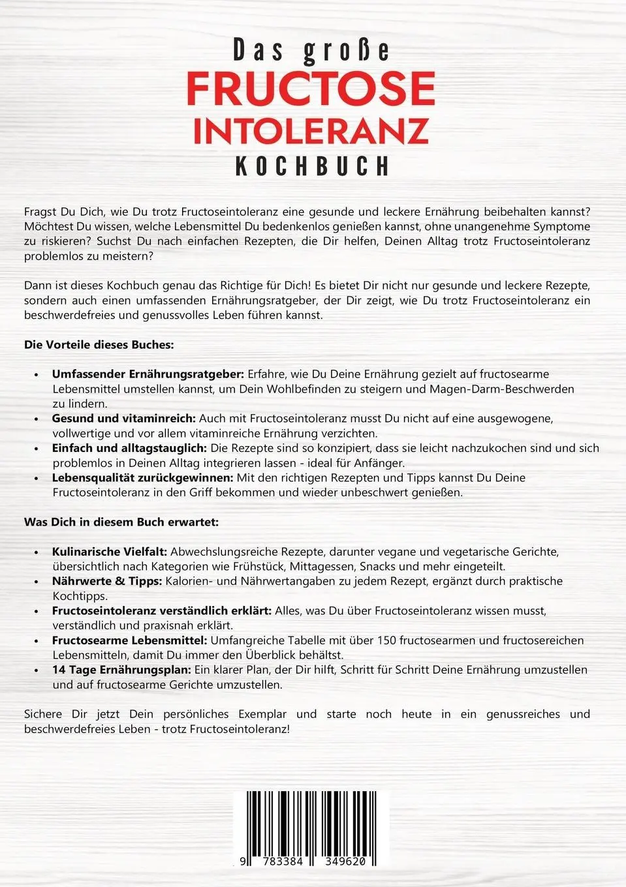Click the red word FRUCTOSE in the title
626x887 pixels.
[x=311, y=89]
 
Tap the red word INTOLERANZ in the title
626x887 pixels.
[x=311, y=130]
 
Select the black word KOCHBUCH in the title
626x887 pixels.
[x=312, y=166]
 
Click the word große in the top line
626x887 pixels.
[x=346, y=50]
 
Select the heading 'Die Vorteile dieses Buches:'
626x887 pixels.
[x=99, y=345]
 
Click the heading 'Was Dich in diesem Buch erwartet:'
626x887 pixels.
[x=121, y=522]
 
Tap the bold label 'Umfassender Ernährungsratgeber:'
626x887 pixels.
[x=148, y=374]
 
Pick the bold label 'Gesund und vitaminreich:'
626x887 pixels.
[x=124, y=419]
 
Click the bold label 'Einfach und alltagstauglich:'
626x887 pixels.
[x=129, y=448]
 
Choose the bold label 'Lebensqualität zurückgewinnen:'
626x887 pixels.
[x=142, y=477]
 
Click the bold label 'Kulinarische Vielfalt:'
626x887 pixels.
[x=110, y=552]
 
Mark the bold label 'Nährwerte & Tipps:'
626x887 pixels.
[x=107, y=581]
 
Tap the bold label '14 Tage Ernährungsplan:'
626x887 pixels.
[x=121, y=670]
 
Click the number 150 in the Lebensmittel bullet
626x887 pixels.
[x=386, y=640]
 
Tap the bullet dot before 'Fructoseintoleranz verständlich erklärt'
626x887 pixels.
[x=37, y=612]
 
